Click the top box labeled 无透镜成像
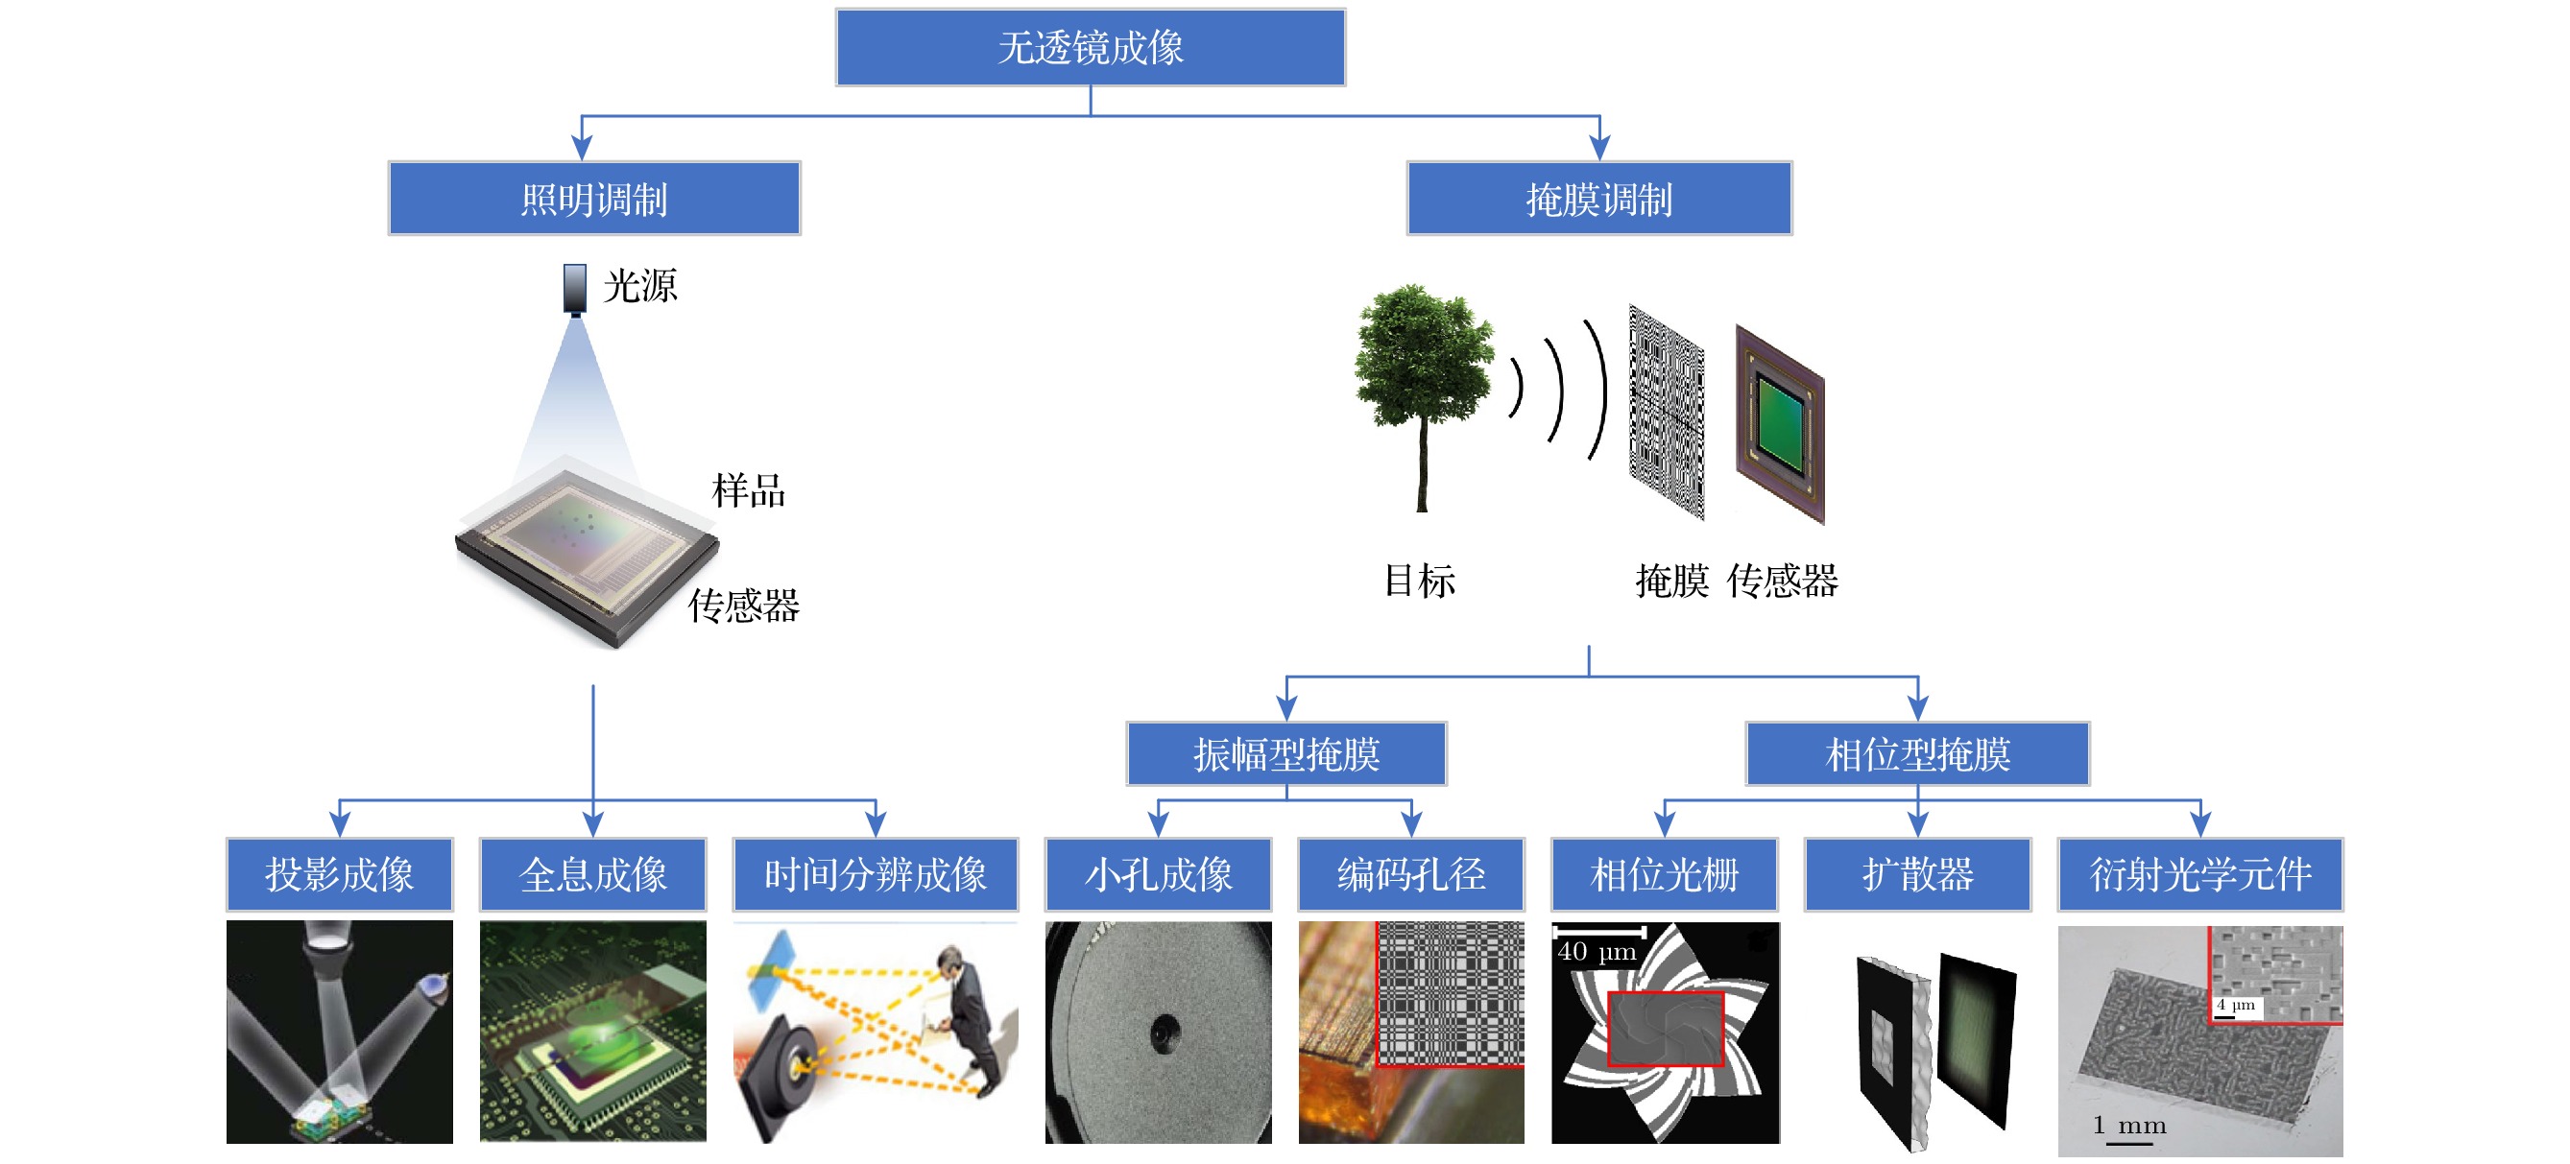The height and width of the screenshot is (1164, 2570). (x=1090, y=47)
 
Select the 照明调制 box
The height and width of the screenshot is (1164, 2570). (x=593, y=199)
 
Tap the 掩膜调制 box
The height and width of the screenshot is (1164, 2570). (x=1598, y=199)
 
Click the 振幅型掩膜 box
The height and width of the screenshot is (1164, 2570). (x=1286, y=753)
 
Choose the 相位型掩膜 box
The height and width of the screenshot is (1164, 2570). (x=1916, y=753)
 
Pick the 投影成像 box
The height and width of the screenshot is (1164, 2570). (x=339, y=874)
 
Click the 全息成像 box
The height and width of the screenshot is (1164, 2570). (x=592, y=874)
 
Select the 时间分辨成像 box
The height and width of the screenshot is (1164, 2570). (x=875, y=874)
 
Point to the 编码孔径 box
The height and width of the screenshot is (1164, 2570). (x=1410, y=874)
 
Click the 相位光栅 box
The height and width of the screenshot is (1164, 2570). (x=1664, y=874)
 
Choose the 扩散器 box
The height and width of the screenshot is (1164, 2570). (x=1916, y=874)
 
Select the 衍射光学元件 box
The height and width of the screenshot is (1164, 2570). (x=2199, y=874)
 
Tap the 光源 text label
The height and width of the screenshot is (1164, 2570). (x=640, y=286)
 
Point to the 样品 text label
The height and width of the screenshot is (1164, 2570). (x=748, y=490)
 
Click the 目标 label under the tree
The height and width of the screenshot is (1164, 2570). (x=1419, y=581)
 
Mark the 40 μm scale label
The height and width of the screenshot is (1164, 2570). (x=1597, y=951)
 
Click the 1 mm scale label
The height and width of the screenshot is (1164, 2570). (x=2129, y=1125)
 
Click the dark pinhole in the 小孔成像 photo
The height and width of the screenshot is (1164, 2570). (x=1164, y=1032)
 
